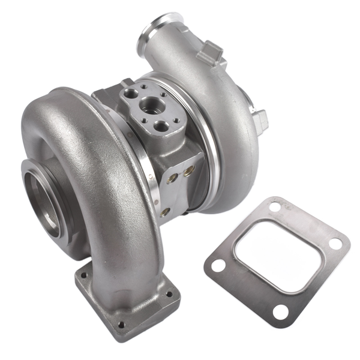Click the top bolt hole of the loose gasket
tap(274, 208)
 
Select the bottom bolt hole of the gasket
tap(280, 311)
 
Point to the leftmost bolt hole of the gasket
tap(218, 264)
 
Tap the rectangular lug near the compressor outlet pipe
tap(211, 52)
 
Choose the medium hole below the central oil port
tap(161, 125)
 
